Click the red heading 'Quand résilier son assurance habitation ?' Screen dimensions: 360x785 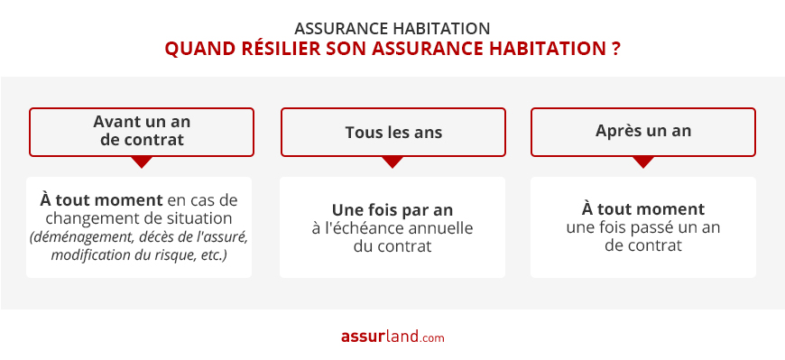392,49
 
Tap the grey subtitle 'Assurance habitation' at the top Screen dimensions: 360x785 392,27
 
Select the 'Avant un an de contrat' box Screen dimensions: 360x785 142,131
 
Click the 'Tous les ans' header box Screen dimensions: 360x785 392,132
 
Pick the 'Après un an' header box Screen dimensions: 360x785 642,131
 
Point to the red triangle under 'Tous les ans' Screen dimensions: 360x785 392,162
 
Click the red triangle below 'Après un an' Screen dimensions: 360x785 642,162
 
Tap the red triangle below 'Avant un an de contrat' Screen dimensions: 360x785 142,162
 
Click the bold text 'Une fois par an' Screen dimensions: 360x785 392,209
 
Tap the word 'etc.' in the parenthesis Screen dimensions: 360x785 212,255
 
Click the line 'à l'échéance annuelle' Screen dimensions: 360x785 392,227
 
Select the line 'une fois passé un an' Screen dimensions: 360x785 642,227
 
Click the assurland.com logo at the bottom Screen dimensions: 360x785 392,337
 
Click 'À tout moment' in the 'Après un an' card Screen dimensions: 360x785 642,209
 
